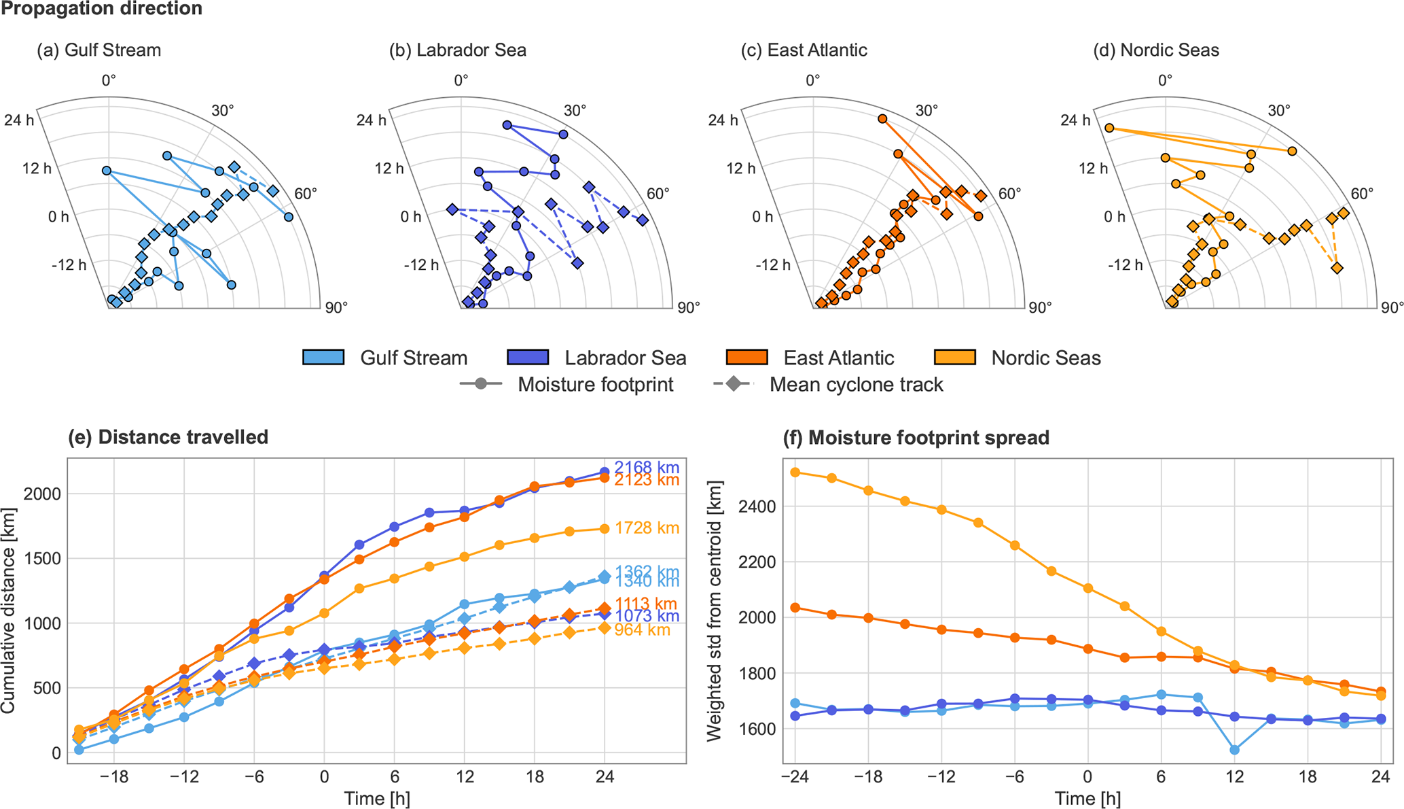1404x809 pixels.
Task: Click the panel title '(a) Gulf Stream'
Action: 98,50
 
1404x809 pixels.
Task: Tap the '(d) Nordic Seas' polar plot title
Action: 1156,50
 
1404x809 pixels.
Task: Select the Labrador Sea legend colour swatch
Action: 528,358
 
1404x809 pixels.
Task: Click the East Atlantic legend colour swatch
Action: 746,358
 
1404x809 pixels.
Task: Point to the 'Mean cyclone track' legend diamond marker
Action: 734,384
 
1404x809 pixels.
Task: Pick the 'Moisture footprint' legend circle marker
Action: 481,384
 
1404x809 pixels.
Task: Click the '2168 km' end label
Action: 647,468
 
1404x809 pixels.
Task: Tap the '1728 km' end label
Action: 647,528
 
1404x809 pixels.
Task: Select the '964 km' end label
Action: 642,630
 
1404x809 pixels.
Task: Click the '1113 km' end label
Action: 646,604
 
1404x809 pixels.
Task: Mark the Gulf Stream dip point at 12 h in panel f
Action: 1234,750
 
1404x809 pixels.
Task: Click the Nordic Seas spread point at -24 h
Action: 795,472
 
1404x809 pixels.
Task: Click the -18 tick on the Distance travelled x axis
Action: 113,776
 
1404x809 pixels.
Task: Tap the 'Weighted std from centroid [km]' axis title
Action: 715,610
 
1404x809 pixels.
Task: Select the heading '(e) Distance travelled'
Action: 168,437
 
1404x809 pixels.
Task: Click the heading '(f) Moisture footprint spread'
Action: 916,438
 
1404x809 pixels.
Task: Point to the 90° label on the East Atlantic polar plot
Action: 1040,308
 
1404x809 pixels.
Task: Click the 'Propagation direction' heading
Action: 102,9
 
